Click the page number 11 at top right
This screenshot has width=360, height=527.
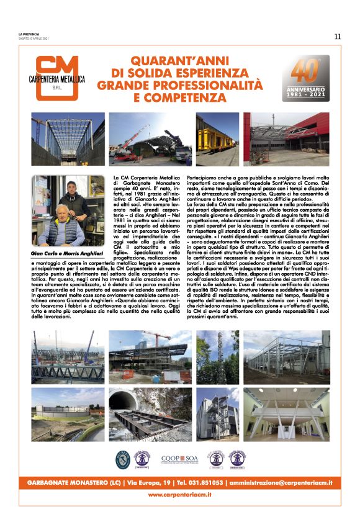pos(338,37)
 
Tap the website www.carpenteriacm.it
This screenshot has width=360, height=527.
pos(180,494)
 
